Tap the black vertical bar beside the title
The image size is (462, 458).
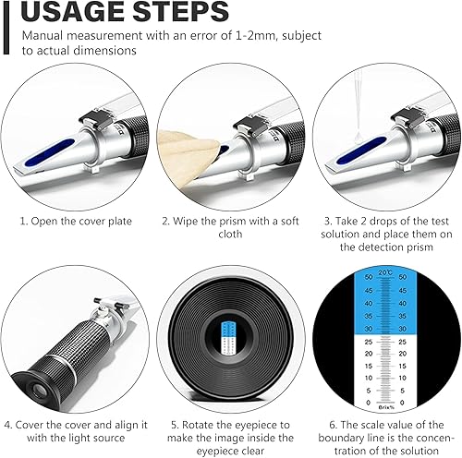6,28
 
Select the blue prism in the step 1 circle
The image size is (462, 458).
50,151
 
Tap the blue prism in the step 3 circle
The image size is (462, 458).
361,151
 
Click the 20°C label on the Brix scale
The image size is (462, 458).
385,272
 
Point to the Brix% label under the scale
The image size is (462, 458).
386,407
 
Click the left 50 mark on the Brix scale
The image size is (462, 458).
369,277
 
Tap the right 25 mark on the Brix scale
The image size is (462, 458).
403,342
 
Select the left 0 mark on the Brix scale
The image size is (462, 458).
368,403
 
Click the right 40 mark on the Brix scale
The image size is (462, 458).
403,304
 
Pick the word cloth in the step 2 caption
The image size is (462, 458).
230,234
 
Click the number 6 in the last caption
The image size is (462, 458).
333,425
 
